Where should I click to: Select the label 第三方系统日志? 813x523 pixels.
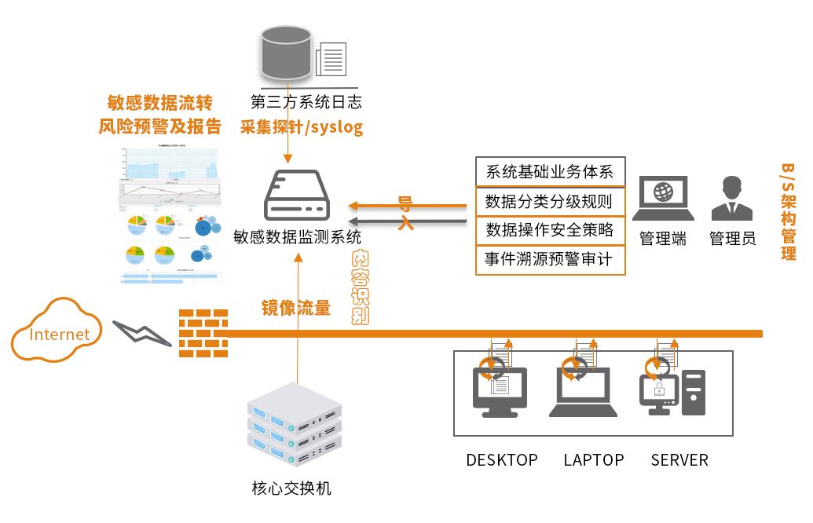306,101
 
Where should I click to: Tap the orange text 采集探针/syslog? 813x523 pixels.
302,126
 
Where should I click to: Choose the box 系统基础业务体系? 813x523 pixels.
550,172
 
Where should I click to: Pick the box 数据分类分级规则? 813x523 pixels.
550,201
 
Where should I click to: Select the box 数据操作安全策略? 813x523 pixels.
550,230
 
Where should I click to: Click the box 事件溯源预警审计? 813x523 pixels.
550,260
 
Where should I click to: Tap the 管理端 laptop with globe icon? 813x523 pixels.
664,199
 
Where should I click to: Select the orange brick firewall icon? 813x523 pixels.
203,333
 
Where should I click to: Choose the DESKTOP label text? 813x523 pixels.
502,460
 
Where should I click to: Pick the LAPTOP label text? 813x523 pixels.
594,460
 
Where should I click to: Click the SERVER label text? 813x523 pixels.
679,460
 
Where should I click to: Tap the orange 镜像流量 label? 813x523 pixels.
296,308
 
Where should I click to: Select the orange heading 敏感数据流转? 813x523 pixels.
159,103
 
